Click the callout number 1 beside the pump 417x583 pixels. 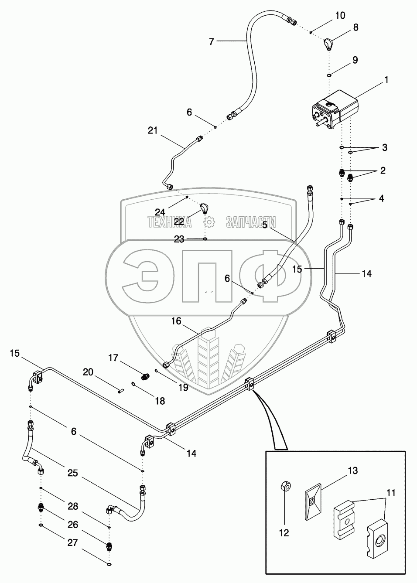point(386,80)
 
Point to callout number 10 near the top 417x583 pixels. point(340,16)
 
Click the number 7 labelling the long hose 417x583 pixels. point(212,41)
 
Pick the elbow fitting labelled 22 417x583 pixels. point(205,209)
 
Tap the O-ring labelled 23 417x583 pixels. point(205,239)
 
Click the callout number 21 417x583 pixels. point(153,130)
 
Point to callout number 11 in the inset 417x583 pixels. point(391,493)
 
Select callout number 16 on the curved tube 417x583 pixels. point(176,321)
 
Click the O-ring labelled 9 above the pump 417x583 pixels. point(329,75)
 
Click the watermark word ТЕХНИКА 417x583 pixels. point(170,222)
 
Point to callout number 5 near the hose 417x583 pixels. point(265,225)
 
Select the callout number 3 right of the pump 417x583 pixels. point(384,147)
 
